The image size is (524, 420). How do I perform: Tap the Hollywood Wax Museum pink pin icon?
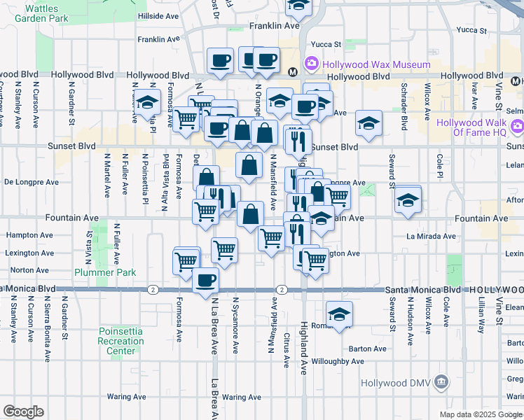pos(311,65)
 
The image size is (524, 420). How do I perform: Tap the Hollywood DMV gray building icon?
pos(441,383)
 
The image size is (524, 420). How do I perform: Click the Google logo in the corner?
pos(23,412)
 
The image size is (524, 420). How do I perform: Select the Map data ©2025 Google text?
pos(481,414)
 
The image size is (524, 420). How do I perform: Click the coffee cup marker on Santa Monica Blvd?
pos(205,280)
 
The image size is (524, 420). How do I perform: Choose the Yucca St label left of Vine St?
pos(471,30)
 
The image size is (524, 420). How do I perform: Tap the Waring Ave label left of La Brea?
pos(125,396)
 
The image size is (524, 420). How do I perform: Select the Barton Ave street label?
pos(368,349)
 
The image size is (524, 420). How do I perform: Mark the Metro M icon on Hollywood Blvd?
pos(294,70)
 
